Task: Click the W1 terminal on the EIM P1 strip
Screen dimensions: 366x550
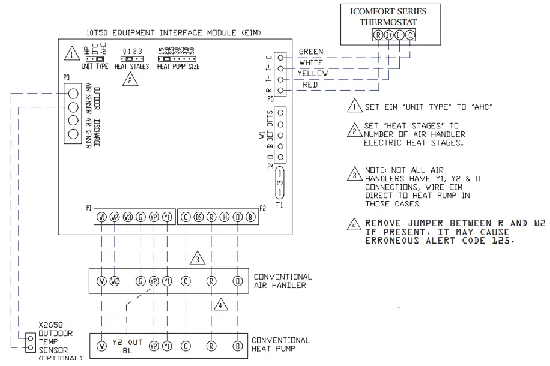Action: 102,217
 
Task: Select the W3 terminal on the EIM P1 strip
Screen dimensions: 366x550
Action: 128,217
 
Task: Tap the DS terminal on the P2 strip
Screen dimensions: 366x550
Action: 198,217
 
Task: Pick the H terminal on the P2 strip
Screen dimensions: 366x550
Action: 225,217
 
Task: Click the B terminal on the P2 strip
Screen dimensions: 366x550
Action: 251,217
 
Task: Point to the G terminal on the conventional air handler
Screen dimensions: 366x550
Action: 141,280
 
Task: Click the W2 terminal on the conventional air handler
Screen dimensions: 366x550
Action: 115,280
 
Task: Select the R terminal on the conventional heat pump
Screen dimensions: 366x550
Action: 211,346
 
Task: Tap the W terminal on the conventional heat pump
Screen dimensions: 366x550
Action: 102,346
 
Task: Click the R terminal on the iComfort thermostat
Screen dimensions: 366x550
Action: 378,35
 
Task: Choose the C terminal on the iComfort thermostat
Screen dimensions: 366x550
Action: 410,35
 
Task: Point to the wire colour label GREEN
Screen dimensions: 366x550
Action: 310,52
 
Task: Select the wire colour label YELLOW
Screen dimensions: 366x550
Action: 313,73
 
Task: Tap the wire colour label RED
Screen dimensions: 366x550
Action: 310,85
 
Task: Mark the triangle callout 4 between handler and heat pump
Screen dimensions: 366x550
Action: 222,304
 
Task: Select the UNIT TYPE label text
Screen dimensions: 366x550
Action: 94,67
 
